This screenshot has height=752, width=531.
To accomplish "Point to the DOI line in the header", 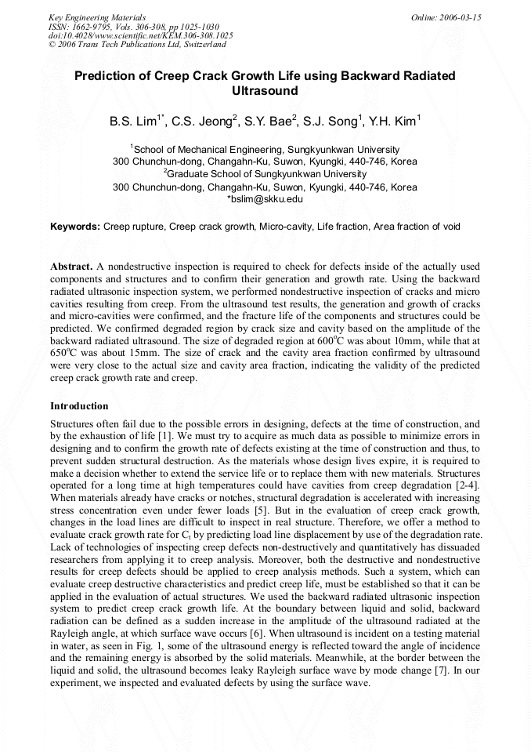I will point(140,35).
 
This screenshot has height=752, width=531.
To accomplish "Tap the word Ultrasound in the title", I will point(265,91).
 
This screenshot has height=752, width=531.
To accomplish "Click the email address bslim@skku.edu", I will point(266,199).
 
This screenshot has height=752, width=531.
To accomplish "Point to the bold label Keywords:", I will point(75,227).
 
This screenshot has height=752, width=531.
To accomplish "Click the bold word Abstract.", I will point(72,267).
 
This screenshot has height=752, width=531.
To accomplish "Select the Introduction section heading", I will point(79,406).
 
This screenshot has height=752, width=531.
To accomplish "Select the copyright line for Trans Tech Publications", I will point(137,45).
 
